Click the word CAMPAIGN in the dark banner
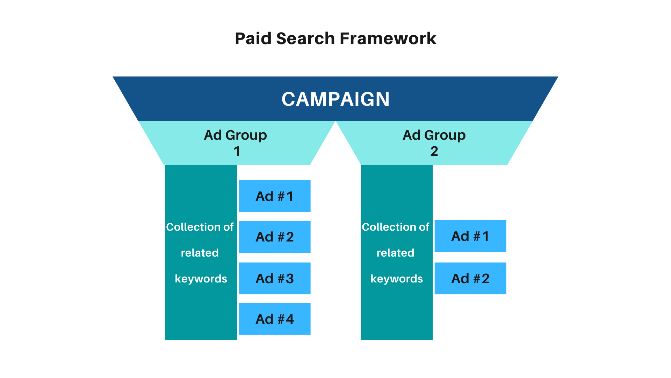[x=335, y=99]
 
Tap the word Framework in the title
[x=388, y=38]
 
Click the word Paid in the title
[x=253, y=38]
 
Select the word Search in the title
[x=305, y=38]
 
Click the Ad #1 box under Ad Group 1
[x=275, y=196]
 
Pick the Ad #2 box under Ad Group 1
[x=275, y=237]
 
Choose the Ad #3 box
[x=275, y=279]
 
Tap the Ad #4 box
[x=275, y=319]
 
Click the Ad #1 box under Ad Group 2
[x=470, y=236]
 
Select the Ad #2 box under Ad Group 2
[x=470, y=279]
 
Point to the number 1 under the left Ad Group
[x=237, y=151]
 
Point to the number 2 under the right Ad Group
[x=434, y=151]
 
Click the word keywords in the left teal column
[x=201, y=279]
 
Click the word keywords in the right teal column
[x=397, y=279]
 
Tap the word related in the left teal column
[x=200, y=253]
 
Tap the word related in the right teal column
[x=395, y=253]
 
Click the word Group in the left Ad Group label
[x=246, y=135]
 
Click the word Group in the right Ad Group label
[x=445, y=135]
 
